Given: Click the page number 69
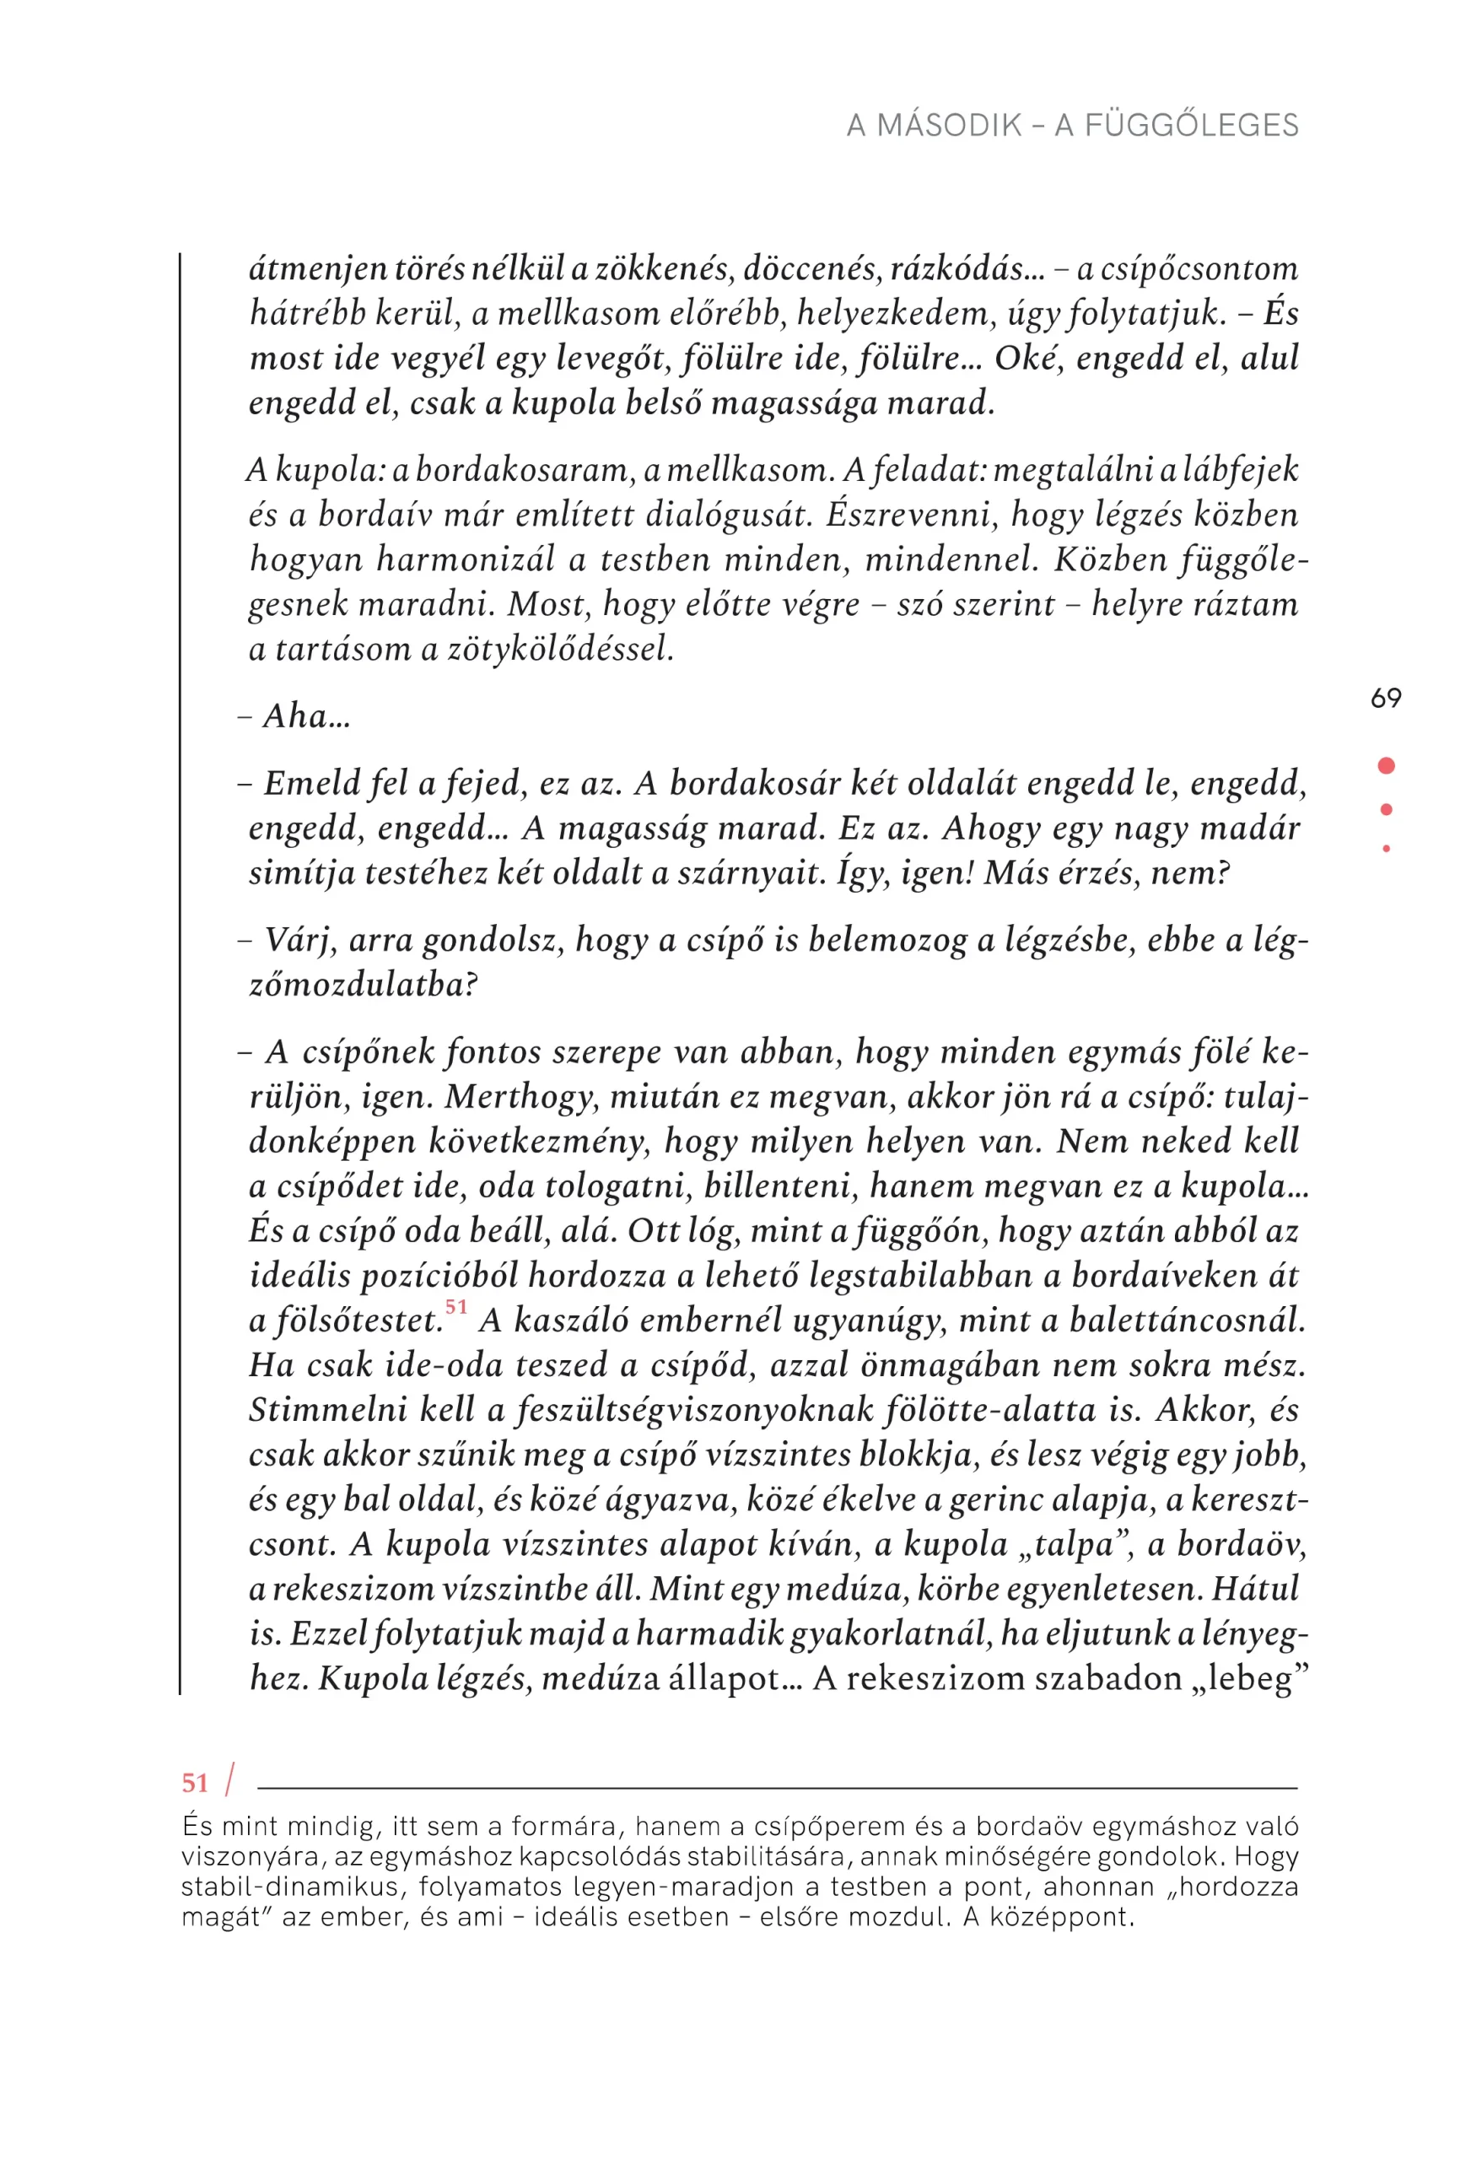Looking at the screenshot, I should pos(1386,698).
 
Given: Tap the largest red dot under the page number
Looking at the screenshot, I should pos(1386,765).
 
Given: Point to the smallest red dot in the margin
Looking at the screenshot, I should pos(1386,849).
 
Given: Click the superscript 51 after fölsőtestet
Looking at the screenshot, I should pos(455,1307).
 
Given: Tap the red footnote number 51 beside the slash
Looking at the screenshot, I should pos(195,1783).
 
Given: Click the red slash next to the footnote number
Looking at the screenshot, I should pos(229,1779).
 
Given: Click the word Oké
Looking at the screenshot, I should pos(1027,359).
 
